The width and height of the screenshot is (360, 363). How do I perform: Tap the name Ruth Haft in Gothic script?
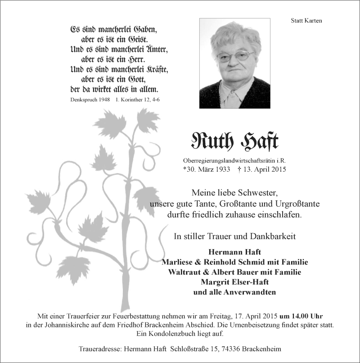[234, 142]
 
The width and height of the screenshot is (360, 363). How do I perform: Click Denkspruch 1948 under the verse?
[90, 99]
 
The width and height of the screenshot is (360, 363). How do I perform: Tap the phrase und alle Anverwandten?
[234, 292]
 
